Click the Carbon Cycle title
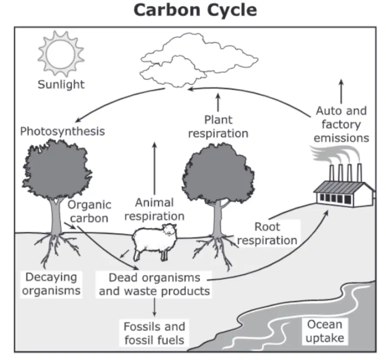click(x=195, y=10)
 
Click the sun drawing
click(x=61, y=54)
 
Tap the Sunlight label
click(x=61, y=84)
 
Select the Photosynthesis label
click(x=62, y=131)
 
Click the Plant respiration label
click(x=218, y=127)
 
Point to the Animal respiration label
click(x=154, y=209)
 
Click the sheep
click(x=154, y=242)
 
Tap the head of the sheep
click(x=169, y=230)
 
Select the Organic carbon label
click(x=89, y=211)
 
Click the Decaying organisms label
click(x=51, y=284)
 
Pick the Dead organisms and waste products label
click(x=154, y=284)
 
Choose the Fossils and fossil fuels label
click(x=154, y=333)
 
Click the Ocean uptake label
click(x=324, y=331)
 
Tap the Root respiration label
click(x=267, y=233)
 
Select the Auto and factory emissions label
click(x=341, y=124)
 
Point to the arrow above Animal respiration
click(x=154, y=168)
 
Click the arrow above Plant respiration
click(x=218, y=102)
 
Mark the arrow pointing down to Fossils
click(x=154, y=307)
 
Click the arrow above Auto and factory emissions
click(x=341, y=91)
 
